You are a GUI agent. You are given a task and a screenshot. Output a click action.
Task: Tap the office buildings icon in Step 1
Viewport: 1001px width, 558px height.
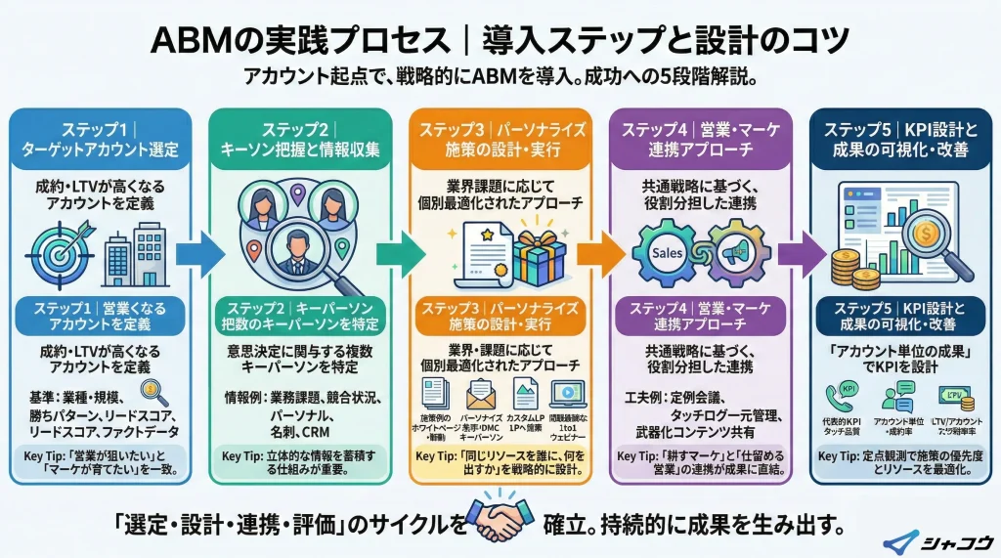click(x=135, y=250)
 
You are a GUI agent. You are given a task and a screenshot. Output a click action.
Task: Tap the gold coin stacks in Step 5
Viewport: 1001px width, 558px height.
click(x=853, y=270)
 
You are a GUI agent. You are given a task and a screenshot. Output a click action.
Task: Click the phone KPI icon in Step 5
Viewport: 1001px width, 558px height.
click(x=842, y=396)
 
